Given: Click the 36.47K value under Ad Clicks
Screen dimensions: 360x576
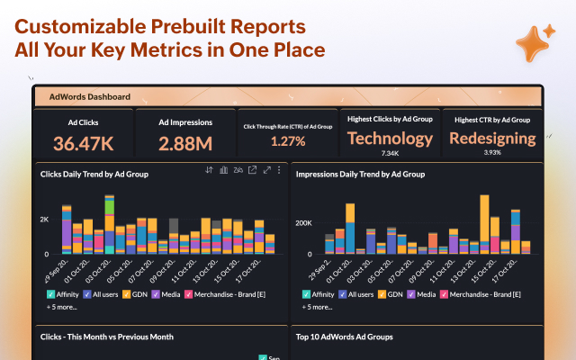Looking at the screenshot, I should point(82,142).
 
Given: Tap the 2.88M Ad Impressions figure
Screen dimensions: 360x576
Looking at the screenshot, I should point(184,142).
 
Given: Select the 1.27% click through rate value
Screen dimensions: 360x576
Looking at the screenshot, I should point(288,141).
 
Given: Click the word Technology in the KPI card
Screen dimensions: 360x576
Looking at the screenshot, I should point(390,138).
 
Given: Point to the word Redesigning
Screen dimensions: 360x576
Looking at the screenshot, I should point(491,138).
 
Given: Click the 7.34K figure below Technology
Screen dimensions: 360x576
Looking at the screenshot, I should point(390,153).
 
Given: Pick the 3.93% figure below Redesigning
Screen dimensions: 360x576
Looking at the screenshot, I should point(491,153).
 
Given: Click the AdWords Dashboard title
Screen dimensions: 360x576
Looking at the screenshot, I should point(90,96).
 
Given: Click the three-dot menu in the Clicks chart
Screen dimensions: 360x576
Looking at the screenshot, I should point(278,170).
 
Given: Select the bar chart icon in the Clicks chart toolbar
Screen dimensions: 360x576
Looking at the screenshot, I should point(223,170).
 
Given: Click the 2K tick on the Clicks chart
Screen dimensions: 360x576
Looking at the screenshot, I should point(44,220).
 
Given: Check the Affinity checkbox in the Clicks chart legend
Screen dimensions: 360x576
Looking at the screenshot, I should point(52,294).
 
